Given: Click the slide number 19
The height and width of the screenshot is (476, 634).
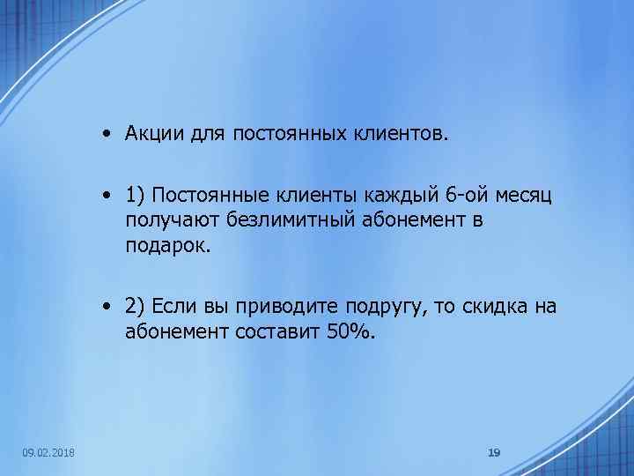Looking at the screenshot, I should coord(494,452).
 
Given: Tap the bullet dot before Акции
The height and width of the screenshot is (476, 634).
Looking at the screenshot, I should coord(105,134).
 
